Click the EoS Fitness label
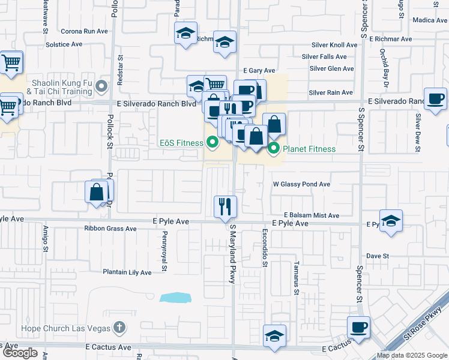click(182, 143)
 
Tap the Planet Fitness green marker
click(274, 148)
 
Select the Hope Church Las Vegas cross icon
click(119, 328)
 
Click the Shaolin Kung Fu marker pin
click(102, 88)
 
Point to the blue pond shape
click(175, 298)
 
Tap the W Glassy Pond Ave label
click(302, 184)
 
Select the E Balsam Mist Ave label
click(312, 215)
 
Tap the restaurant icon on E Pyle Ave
click(226, 206)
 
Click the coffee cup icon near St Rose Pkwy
click(359, 328)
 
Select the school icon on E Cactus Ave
click(274, 336)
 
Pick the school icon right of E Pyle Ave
click(391, 220)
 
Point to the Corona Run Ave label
click(84, 31)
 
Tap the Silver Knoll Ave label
click(334, 45)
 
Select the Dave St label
click(378, 256)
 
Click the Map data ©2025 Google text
click(412, 355)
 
